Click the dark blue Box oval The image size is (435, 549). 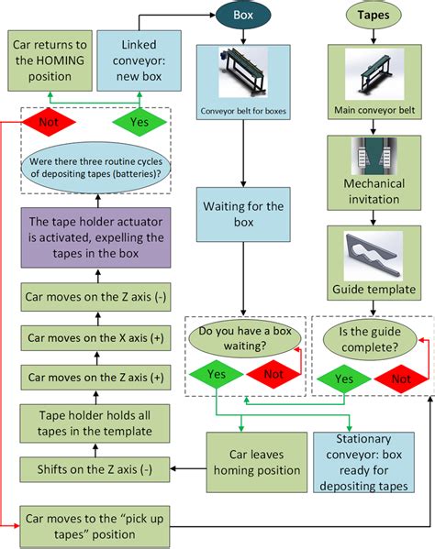tap(243, 15)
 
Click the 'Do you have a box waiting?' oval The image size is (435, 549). tap(243, 340)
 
